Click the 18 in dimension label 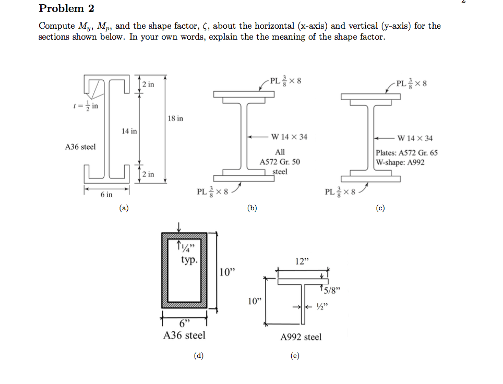tap(175, 118)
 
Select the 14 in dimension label tap(129, 131)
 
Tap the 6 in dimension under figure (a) tap(106, 195)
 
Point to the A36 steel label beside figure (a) tap(80, 147)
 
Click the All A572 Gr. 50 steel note tap(280, 161)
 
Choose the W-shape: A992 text tap(400, 162)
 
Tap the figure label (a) tap(124, 208)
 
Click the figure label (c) tap(380, 208)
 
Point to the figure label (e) tap(295, 356)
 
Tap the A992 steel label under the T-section tap(301, 337)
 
